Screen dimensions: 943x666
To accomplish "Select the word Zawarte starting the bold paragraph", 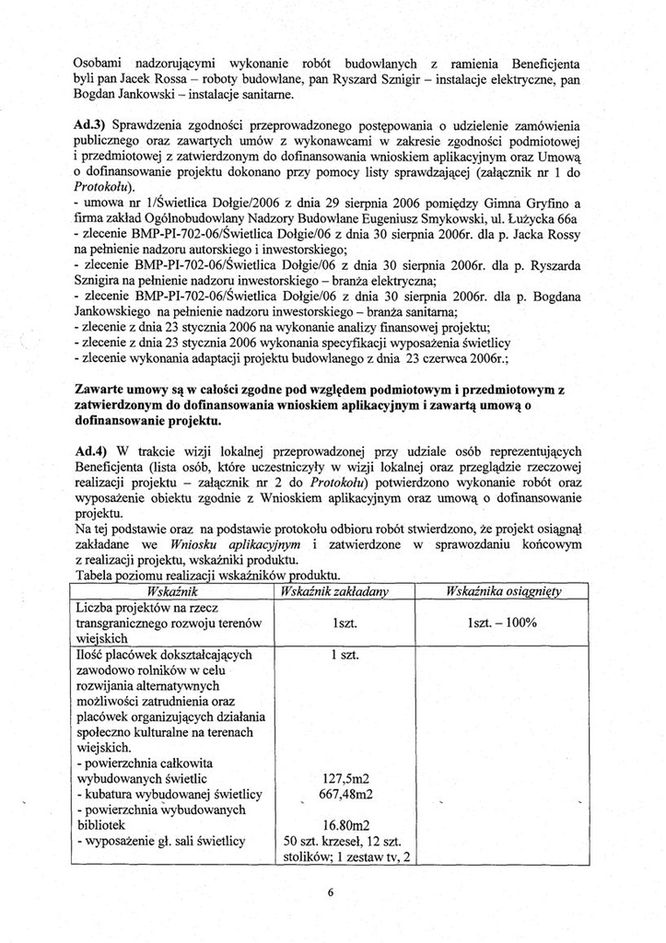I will coord(100,391).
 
